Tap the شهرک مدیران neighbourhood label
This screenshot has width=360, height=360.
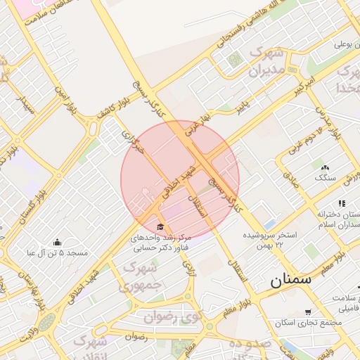coord(266,63)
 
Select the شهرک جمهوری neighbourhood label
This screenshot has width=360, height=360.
coord(140,276)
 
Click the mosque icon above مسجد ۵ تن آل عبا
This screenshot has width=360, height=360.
coord(57,242)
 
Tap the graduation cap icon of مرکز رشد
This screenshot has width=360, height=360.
coord(160,227)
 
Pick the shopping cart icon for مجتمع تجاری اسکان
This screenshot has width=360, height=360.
coord(308,312)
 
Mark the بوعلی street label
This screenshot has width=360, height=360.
coord(342,44)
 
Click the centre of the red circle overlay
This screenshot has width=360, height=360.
coord(180,180)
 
